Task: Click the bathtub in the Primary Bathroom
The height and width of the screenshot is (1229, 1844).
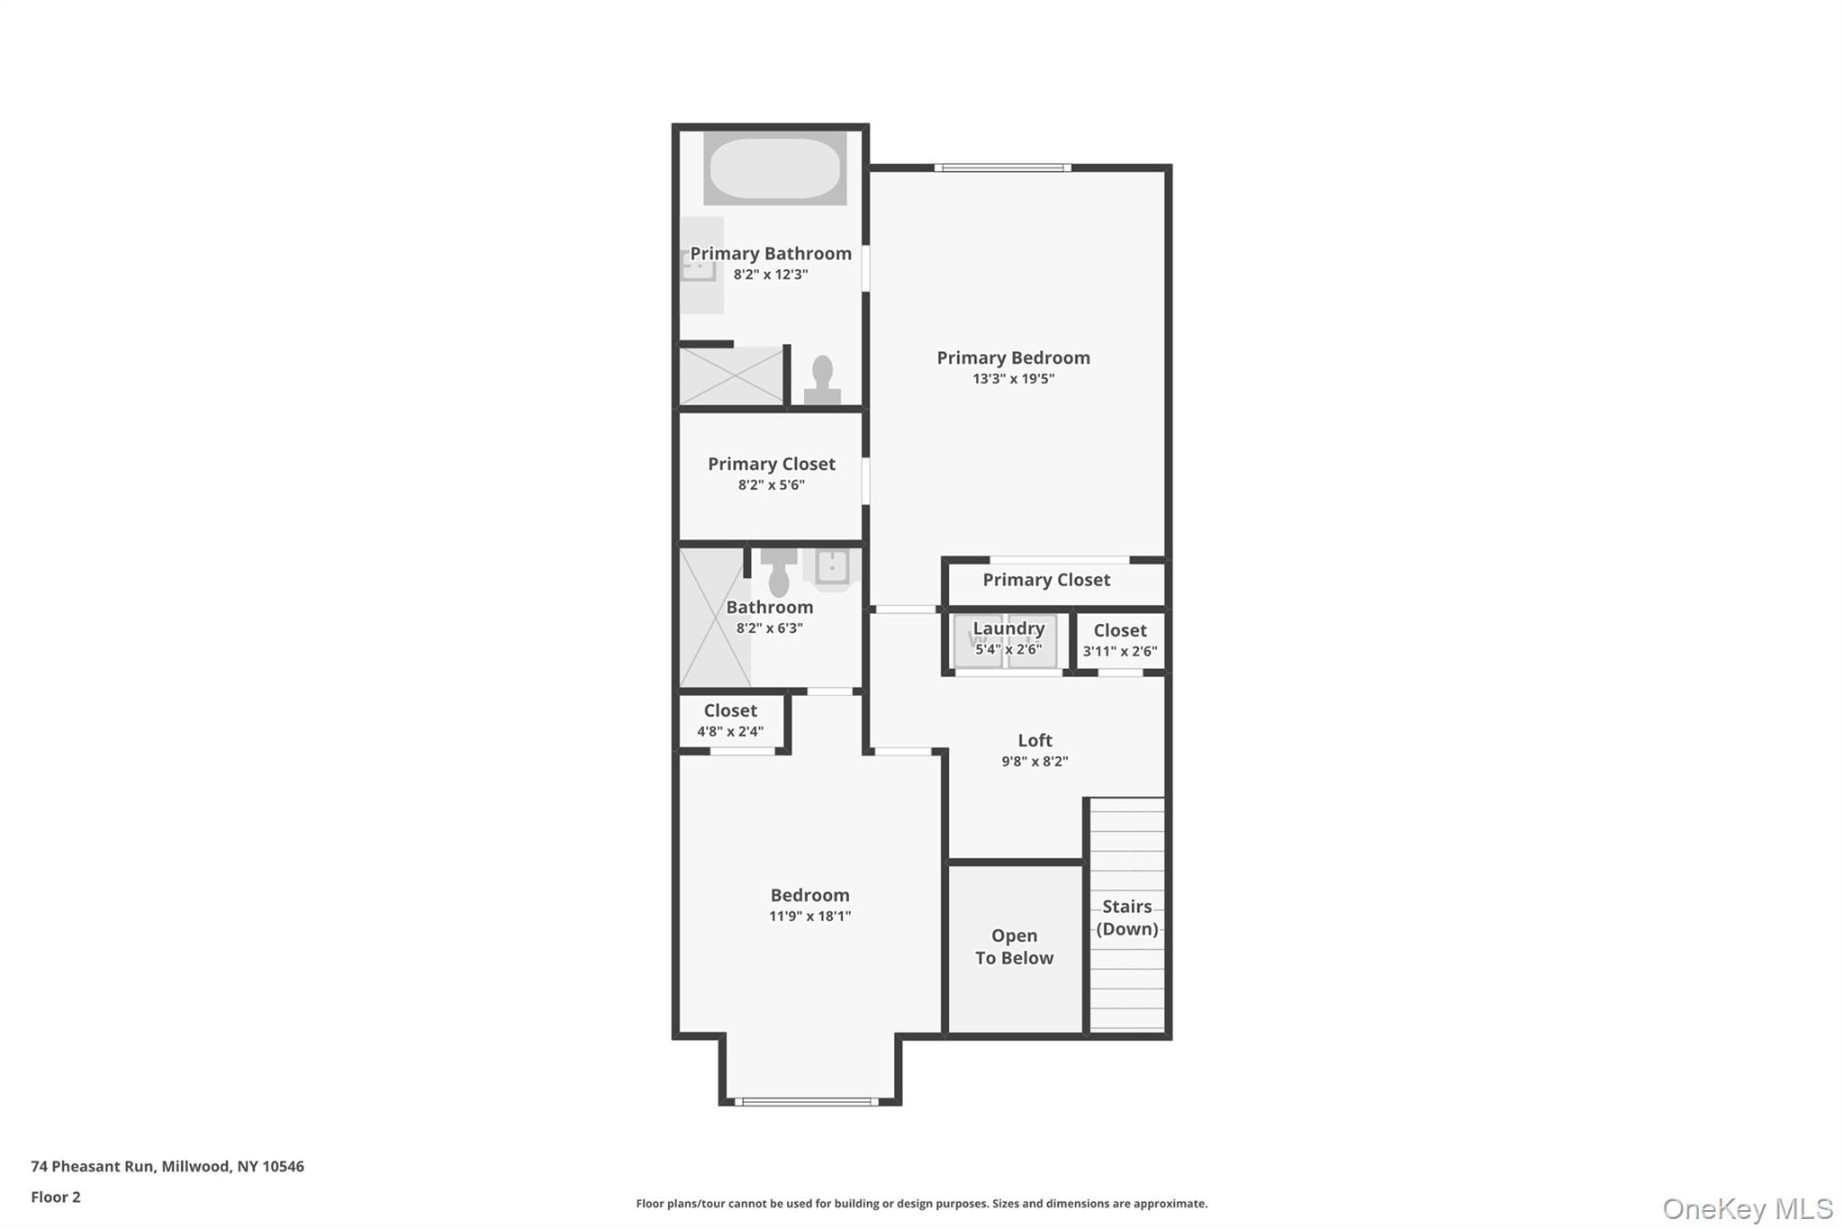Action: pos(774,168)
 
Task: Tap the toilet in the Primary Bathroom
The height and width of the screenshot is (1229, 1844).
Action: pos(822,381)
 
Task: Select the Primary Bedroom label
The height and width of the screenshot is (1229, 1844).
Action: pos(1013,357)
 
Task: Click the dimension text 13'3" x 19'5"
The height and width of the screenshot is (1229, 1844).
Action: pos(1013,379)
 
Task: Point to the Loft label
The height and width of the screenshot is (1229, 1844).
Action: pos(1035,740)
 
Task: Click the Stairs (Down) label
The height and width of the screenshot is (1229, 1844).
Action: pos(1126,917)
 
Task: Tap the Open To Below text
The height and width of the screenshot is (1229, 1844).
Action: pos(1014,946)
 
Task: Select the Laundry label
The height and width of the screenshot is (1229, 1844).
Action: pos(1008,628)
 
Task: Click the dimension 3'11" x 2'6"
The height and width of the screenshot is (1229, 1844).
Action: pos(1120,651)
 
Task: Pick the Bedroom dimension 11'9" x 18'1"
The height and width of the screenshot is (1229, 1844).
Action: pos(809,917)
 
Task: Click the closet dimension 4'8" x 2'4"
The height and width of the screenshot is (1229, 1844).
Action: pos(730,731)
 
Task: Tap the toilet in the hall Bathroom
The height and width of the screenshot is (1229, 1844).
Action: pos(779,574)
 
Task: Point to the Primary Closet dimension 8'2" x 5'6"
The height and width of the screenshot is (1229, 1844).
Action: pos(771,484)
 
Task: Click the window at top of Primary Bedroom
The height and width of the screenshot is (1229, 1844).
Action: pos(1002,167)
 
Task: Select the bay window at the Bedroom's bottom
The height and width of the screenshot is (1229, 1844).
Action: pos(807,1101)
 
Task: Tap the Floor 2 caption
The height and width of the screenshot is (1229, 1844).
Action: pos(56,1197)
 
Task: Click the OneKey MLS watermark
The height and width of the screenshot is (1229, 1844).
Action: pos(1747,1208)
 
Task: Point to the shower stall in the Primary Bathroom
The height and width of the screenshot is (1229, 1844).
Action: pos(730,375)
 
